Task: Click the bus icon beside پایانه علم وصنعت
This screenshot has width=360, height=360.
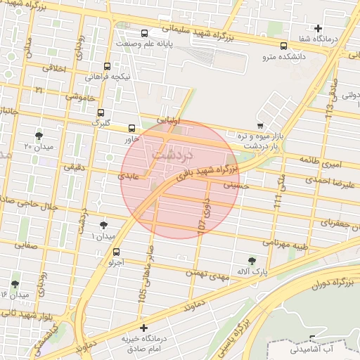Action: [x=145, y=33]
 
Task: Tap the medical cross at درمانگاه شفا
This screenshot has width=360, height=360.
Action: [x=318, y=28]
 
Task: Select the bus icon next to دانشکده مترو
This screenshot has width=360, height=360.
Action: [x=283, y=46]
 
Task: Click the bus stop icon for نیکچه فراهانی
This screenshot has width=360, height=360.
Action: [x=106, y=66]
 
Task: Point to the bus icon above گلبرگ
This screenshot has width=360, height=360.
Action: [x=101, y=112]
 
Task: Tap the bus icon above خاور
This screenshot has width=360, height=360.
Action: [x=131, y=128]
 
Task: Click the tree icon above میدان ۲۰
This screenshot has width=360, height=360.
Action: [x=38, y=136]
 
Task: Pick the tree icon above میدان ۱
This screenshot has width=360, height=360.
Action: [x=104, y=225]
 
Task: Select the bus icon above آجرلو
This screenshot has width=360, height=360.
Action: [x=116, y=252]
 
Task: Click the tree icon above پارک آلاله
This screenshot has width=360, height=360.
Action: [x=252, y=261]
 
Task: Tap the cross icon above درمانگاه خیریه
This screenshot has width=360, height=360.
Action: [x=143, y=328]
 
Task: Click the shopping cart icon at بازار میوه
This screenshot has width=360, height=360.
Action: [x=259, y=125]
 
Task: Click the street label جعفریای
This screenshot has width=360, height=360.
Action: [x=339, y=222]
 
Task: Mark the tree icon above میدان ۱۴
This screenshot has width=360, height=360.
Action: [x=15, y=284]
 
